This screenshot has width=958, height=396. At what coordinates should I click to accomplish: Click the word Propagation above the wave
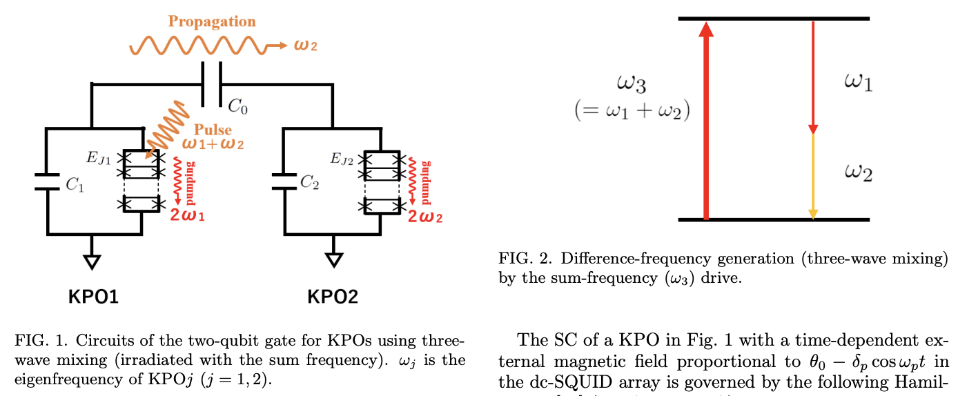click(x=212, y=21)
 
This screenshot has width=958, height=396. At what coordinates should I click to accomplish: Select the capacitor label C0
click(x=237, y=108)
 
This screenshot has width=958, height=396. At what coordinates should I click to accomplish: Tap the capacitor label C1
click(x=75, y=185)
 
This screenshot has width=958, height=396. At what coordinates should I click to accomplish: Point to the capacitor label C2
click(x=310, y=182)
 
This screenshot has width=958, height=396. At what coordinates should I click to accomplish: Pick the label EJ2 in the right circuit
click(x=342, y=160)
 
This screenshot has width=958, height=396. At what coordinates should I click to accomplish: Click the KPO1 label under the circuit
click(x=93, y=297)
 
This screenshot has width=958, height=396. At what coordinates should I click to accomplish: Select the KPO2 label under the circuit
click(x=333, y=297)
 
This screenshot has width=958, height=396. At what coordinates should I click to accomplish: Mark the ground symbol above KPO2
click(x=334, y=259)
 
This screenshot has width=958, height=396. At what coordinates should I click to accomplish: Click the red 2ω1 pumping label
click(x=188, y=215)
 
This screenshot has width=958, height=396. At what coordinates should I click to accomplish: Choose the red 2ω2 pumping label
click(x=425, y=217)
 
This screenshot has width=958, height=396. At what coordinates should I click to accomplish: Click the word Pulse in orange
click(x=213, y=130)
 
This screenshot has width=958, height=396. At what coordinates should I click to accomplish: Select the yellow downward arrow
click(x=813, y=177)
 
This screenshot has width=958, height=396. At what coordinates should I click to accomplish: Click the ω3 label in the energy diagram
click(x=633, y=86)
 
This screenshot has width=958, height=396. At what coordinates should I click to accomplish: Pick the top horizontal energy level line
click(x=773, y=19)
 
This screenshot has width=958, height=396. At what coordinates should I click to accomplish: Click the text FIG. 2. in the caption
click(x=522, y=259)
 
